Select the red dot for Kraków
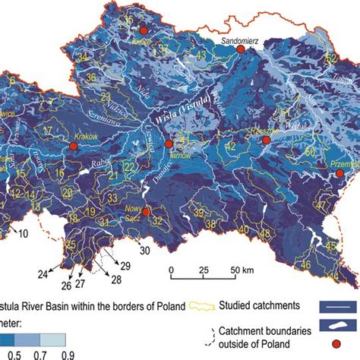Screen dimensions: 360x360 (x=74, y=146)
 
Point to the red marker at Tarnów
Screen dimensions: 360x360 (x=169, y=143)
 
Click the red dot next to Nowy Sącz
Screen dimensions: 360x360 (x=147, y=213)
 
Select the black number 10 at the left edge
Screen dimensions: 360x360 (x=23, y=231)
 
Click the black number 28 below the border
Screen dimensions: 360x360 (x=116, y=280)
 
